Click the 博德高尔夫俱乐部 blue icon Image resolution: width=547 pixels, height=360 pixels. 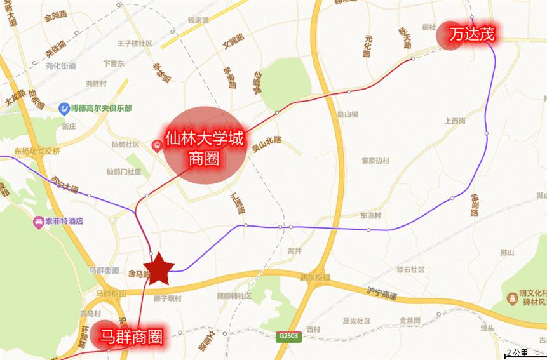pyautogui.click(x=64, y=109)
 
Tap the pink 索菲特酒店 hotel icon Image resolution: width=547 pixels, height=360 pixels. pyautogui.click(x=38, y=222)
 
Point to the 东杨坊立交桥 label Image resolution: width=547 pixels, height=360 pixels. pyautogui.click(x=36, y=151)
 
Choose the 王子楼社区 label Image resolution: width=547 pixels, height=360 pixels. pyautogui.click(x=135, y=44)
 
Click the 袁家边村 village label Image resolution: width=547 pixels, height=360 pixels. pyautogui.click(x=375, y=161)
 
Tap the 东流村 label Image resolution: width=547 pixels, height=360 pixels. pyautogui.click(x=370, y=215)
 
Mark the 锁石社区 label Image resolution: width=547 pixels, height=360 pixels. pyautogui.click(x=410, y=269)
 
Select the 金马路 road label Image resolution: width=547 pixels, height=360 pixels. pyautogui.click(x=138, y=274)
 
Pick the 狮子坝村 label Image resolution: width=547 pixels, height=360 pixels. pyautogui.click(x=168, y=298)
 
